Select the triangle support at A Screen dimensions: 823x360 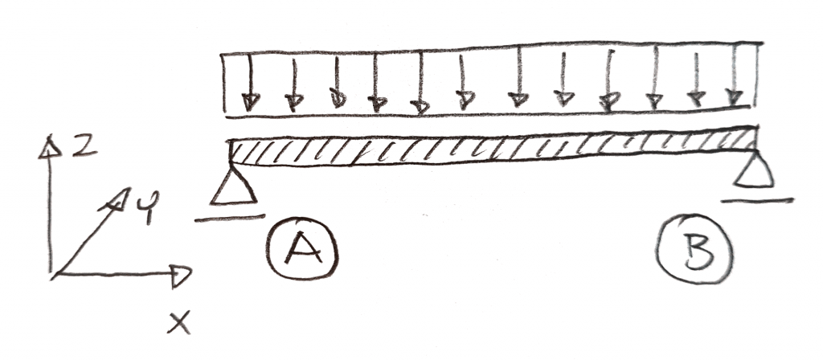[x=233, y=186]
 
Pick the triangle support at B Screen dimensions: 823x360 [x=754, y=170]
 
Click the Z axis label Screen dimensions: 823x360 [x=84, y=146]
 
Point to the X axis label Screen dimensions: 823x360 [x=179, y=323]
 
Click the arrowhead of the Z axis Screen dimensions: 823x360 [x=50, y=148]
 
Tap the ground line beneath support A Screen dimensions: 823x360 [x=229, y=218]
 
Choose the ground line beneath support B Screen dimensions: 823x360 [x=757, y=200]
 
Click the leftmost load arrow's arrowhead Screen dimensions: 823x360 [x=251, y=102]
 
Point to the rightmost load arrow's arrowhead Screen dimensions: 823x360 [x=735, y=97]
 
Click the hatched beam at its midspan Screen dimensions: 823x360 [x=493, y=149]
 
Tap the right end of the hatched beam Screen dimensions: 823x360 [x=757, y=138]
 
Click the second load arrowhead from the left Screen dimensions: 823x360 [x=294, y=102]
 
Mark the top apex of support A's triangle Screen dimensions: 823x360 [x=231, y=167]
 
